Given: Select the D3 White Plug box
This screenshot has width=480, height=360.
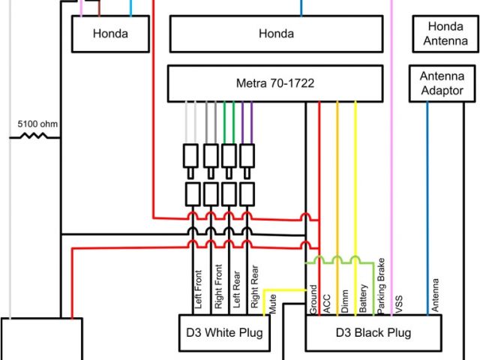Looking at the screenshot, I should (223, 331).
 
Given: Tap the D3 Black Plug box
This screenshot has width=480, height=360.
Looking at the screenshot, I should (373, 331).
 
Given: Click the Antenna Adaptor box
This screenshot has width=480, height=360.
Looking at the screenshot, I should (442, 83).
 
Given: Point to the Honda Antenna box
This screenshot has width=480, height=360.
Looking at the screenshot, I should (445, 34).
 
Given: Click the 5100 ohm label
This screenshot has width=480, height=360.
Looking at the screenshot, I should (38, 124).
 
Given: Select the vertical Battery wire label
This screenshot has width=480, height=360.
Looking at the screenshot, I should (364, 298).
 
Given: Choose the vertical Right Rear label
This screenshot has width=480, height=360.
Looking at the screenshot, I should (255, 287).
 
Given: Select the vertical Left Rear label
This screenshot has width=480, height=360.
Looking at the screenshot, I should (236, 289).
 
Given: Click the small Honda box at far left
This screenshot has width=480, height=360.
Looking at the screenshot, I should (110, 34).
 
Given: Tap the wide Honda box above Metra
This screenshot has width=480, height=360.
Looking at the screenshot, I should (276, 34).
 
